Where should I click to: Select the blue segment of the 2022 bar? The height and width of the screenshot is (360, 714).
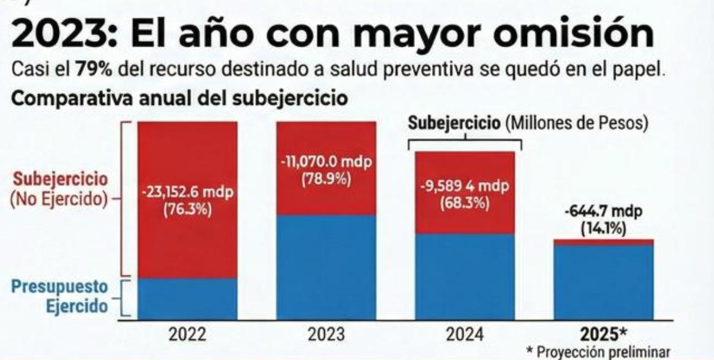pos(187,299)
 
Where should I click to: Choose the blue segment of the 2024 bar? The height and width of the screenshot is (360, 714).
pos(465,276)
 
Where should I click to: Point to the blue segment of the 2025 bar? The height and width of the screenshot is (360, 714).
pos(603,282)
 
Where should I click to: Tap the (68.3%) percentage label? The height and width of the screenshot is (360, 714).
pos(465,203)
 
